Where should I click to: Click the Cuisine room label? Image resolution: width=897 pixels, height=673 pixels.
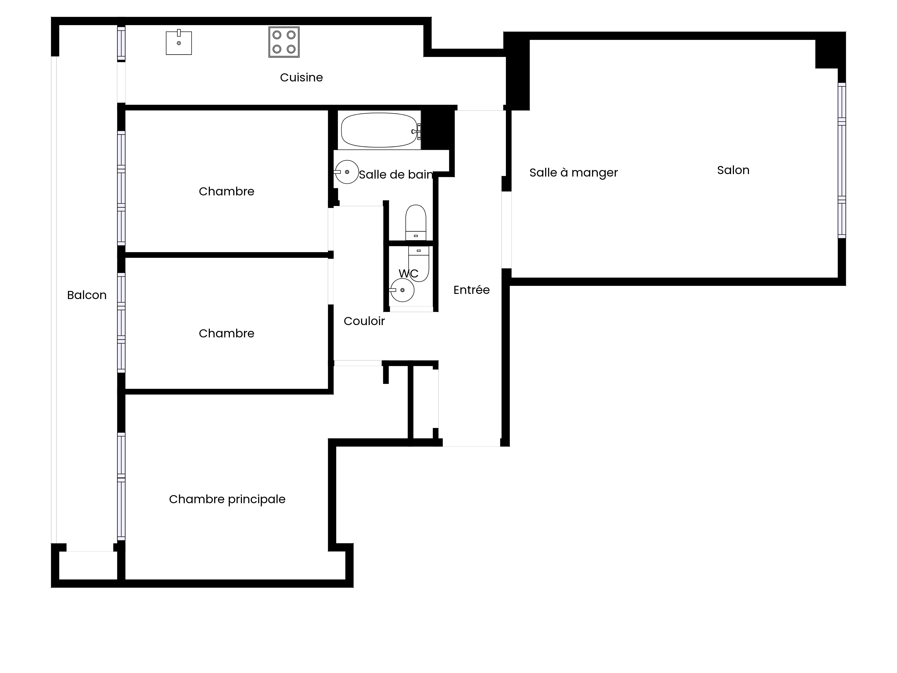(x=301, y=77)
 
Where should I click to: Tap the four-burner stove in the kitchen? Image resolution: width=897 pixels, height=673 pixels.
(x=284, y=42)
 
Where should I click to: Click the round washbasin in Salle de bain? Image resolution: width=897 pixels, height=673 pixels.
(x=347, y=172)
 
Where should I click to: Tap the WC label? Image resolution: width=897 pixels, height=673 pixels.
(x=408, y=273)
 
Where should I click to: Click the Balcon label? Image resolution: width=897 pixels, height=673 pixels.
(x=87, y=295)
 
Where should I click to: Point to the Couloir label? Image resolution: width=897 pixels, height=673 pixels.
(x=364, y=321)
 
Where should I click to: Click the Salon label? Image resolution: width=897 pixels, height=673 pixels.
(x=733, y=170)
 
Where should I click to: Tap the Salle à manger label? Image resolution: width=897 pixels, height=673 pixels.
(x=573, y=173)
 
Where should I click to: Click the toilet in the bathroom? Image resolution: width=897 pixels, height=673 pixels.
(x=416, y=223)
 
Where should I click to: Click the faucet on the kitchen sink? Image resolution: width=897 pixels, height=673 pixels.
(x=179, y=33)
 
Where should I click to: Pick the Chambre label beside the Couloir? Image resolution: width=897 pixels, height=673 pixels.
(x=226, y=333)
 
